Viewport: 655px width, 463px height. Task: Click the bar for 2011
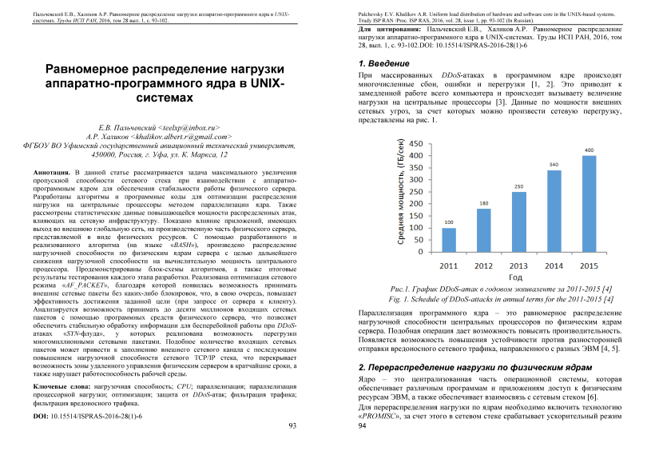[x=449, y=239]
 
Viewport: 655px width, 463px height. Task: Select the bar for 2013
[x=519, y=221]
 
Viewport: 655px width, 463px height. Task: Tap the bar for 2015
[x=589, y=202]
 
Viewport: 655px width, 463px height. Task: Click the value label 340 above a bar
[x=554, y=165]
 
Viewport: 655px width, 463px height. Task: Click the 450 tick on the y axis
[x=416, y=145]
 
